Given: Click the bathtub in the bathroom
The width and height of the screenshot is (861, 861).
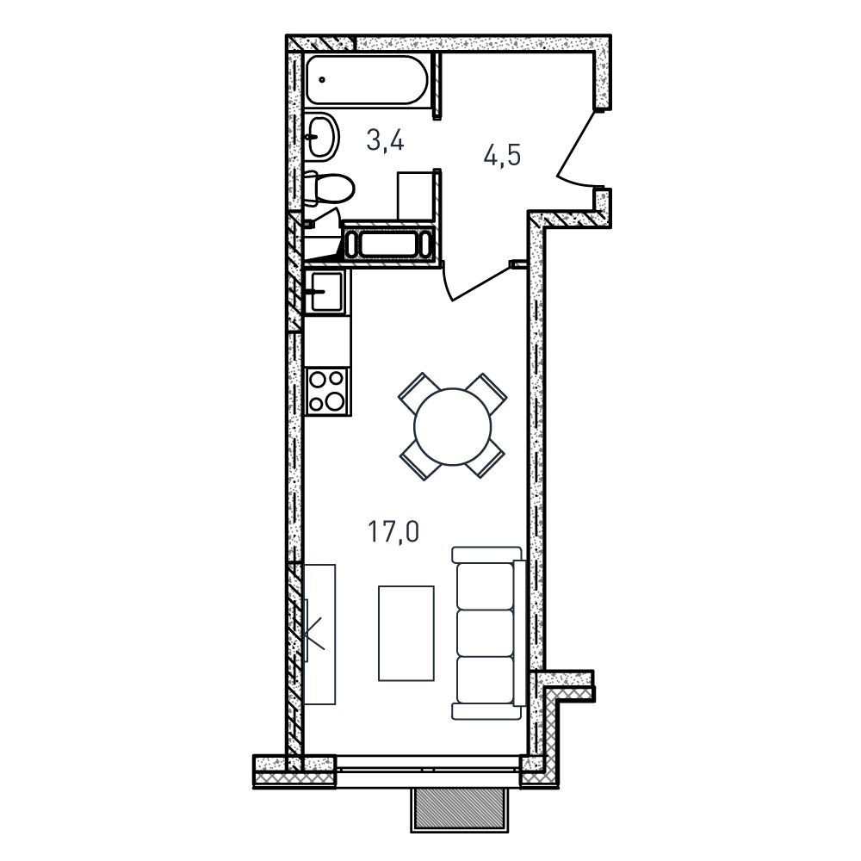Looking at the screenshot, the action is click(367, 80).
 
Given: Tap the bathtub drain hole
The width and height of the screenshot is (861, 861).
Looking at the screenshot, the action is click(322, 79).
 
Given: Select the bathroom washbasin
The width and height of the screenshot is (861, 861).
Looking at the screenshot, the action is click(321, 137).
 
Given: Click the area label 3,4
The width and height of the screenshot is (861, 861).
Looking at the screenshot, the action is click(386, 141).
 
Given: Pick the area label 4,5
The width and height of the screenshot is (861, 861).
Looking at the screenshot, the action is click(502, 155).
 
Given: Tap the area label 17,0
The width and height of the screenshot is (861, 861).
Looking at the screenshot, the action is click(393, 531).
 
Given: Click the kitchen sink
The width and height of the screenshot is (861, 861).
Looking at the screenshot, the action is click(325, 292).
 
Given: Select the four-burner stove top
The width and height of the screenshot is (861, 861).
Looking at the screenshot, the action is click(326, 391).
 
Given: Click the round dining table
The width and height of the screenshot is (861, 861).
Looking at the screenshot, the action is click(453, 426).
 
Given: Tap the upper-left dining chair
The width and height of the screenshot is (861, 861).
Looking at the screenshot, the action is click(417, 392).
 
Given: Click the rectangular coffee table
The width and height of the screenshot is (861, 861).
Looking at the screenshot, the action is click(406, 633).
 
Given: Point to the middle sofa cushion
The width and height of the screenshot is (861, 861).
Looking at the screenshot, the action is click(486, 633).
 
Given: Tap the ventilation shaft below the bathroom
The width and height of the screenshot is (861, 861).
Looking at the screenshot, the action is click(387, 245).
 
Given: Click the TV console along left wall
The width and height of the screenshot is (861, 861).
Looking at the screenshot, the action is click(319, 635).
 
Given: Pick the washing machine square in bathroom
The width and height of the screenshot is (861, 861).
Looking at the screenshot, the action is click(416, 196).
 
